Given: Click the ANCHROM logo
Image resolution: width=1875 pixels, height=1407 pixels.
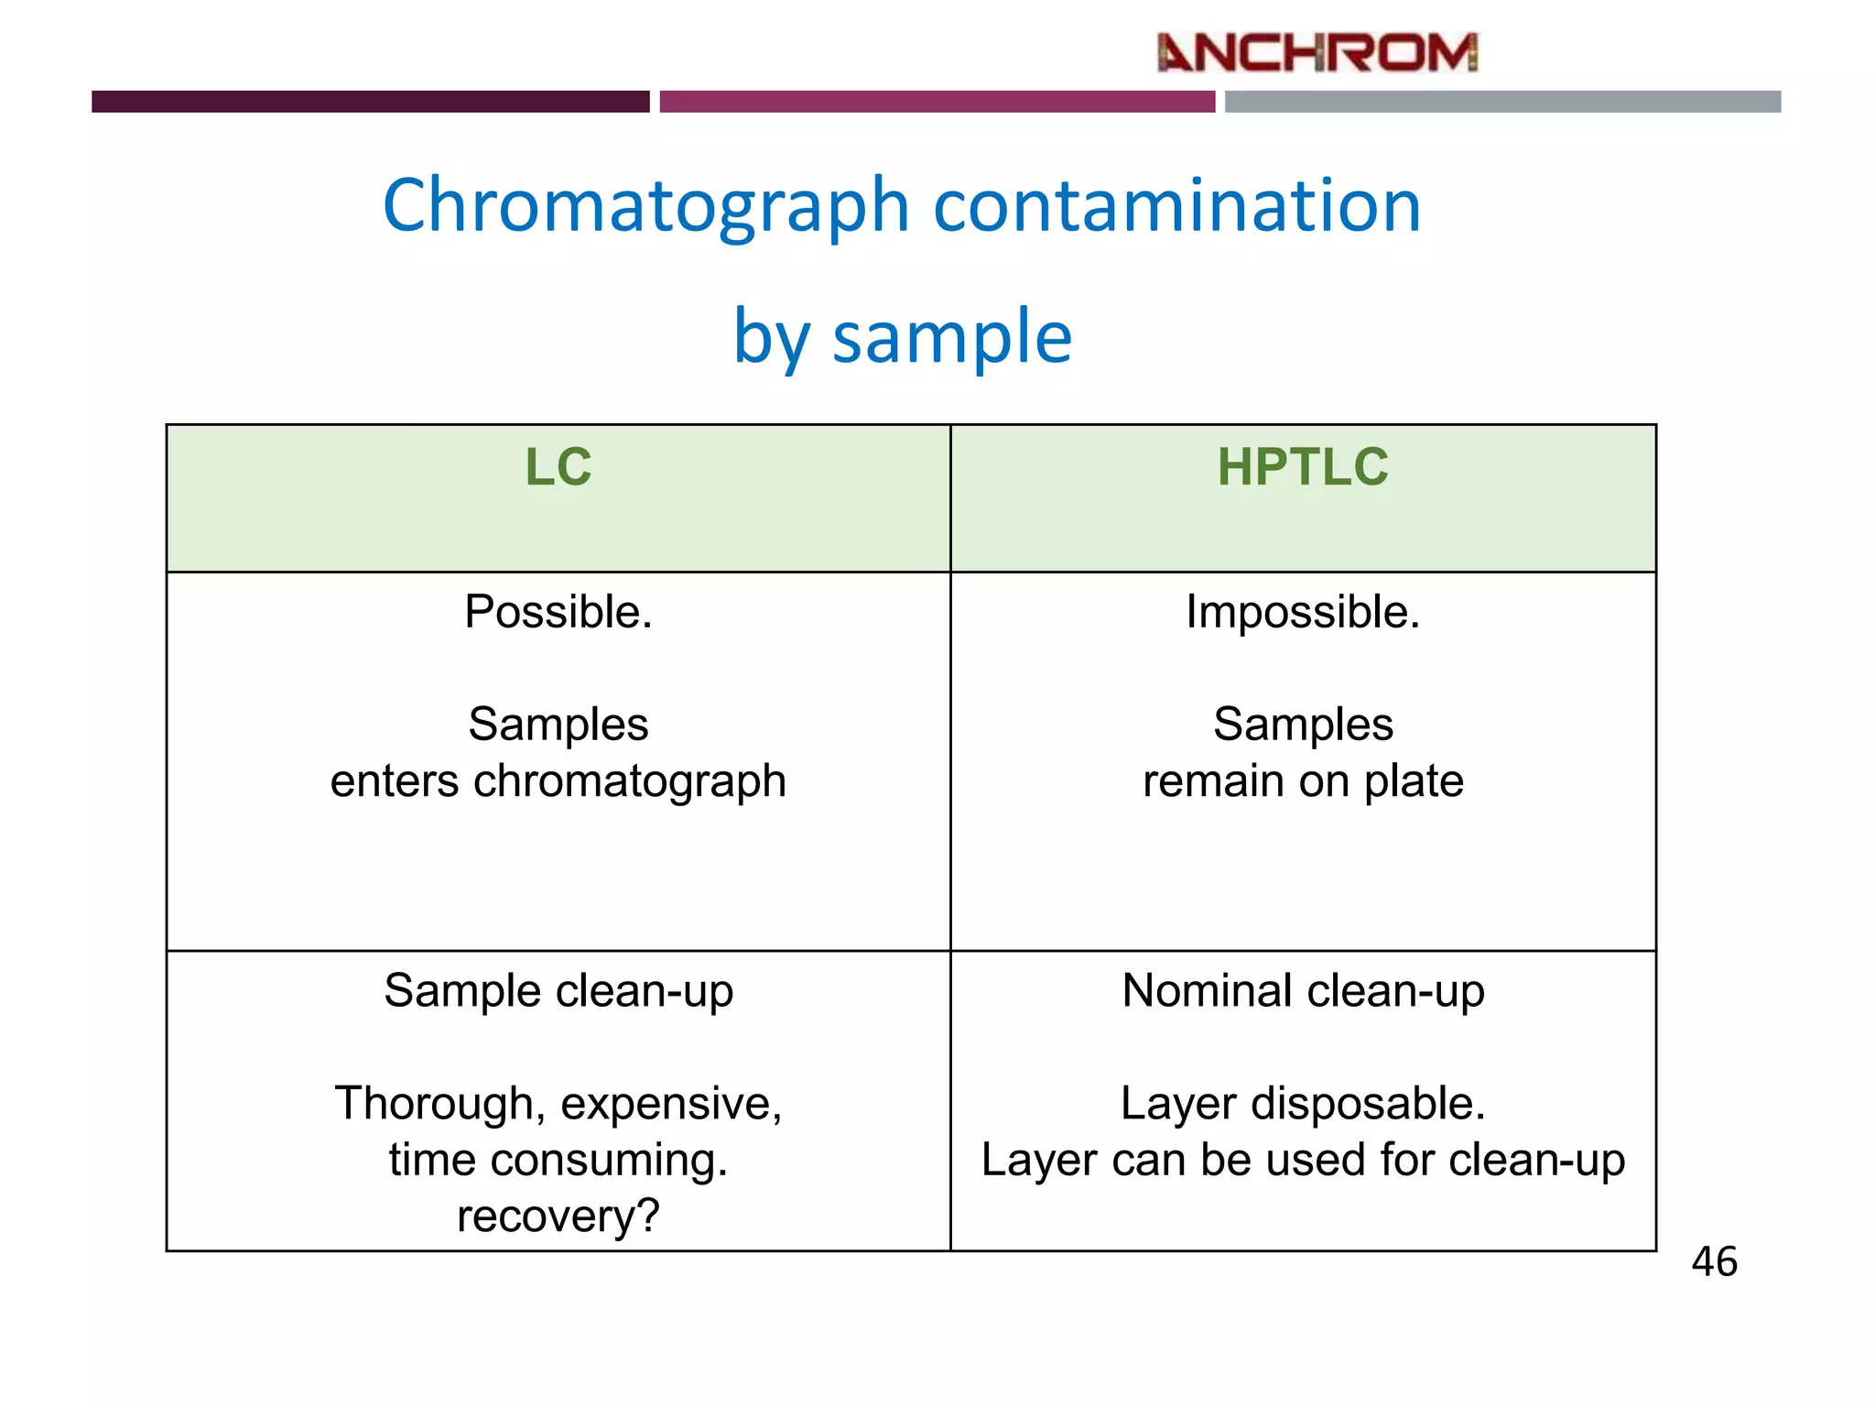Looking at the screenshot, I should (1317, 53).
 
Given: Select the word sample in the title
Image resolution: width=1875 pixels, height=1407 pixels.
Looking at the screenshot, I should (951, 337).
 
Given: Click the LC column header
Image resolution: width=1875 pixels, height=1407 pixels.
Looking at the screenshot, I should (558, 467).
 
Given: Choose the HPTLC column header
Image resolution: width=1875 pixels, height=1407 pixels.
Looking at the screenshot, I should (1302, 467).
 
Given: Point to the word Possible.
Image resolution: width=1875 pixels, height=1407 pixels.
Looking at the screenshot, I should (558, 612).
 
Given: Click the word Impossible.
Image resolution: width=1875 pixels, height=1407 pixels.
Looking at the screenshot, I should (1302, 612).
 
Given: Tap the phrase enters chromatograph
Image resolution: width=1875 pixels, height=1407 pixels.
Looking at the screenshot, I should (558, 781).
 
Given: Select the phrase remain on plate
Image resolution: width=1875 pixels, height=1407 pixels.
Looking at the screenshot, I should (1302, 781).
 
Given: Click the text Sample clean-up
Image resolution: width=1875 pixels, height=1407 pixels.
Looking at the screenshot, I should (558, 991).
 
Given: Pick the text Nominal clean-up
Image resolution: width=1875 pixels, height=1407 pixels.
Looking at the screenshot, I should (1302, 991).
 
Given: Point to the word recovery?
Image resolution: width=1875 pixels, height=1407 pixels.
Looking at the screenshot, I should (558, 1216).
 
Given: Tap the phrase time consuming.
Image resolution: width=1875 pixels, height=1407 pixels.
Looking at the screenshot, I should (558, 1161).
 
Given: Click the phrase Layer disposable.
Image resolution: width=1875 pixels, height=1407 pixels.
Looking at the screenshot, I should (1302, 1104).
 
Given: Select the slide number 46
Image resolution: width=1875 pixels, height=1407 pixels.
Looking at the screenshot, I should (1714, 1262).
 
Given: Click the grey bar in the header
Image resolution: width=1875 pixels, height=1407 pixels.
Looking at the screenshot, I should (1501, 102).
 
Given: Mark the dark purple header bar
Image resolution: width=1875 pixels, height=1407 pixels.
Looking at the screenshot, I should (370, 102).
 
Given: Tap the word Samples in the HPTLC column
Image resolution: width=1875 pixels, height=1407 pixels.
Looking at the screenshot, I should (1302, 725).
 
